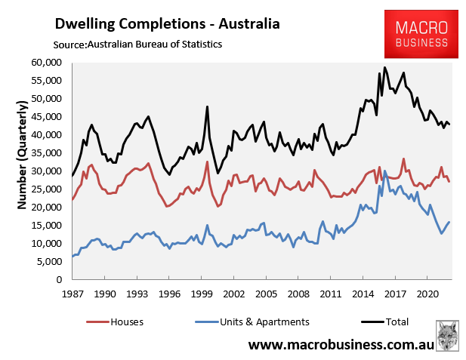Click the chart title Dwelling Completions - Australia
166,24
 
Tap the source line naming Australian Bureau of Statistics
137,45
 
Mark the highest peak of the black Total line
384,67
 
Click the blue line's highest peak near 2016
385,171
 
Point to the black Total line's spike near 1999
207,107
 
